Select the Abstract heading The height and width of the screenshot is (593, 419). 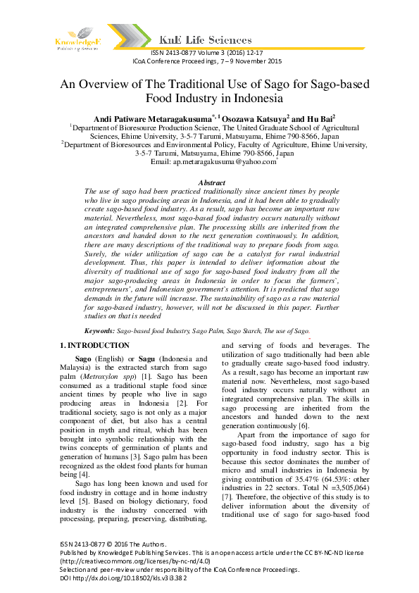pos(211,182)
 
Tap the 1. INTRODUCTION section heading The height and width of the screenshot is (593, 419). pos(94,346)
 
